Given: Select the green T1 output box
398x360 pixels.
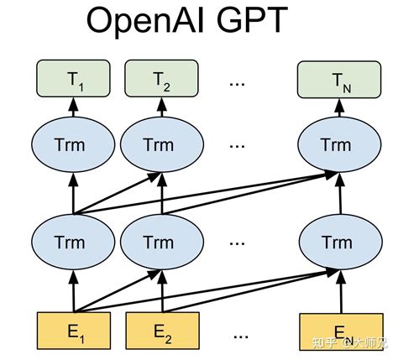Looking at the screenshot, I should [x=73, y=80].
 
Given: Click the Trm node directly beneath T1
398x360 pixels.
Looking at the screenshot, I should [x=73, y=145].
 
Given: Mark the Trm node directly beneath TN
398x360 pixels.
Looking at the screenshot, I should [x=334, y=145].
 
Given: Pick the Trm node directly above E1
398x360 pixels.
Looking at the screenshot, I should [x=73, y=243].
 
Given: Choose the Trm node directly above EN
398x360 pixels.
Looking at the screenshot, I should [x=334, y=243].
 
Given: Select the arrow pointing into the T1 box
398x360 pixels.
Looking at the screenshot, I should [x=73, y=107].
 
